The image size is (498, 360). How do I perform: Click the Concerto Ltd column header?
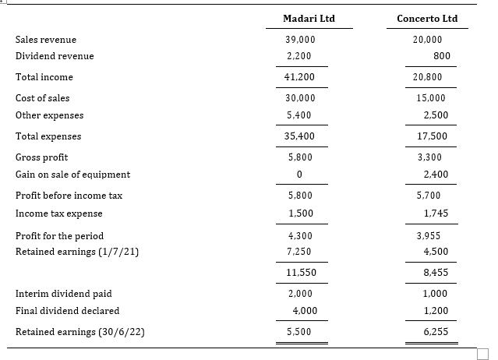[x=427, y=18]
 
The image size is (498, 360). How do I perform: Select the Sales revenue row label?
[x=46, y=39]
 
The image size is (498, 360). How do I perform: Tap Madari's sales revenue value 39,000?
[x=301, y=39]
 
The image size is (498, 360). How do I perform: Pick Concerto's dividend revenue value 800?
[x=442, y=56]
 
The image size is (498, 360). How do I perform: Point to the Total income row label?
[x=44, y=77]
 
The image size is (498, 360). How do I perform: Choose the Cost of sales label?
[x=42, y=98]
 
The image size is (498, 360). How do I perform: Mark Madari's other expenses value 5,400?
[x=301, y=115]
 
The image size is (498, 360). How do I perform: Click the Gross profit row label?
[x=41, y=157]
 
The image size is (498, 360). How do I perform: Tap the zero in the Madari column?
[x=300, y=174]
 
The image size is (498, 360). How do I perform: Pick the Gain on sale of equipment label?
[x=72, y=174]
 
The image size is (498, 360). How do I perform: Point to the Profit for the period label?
[x=59, y=235]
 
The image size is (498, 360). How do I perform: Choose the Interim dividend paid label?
[x=63, y=294]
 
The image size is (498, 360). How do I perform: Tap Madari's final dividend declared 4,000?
[x=301, y=310]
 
